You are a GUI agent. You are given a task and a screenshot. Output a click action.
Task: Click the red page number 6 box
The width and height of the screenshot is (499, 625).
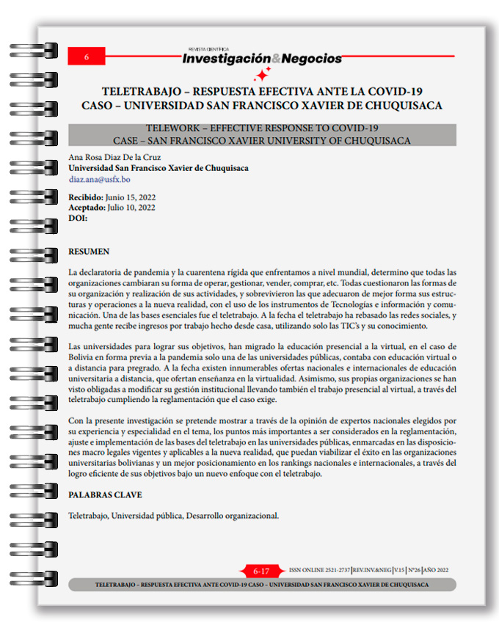(x=87, y=56)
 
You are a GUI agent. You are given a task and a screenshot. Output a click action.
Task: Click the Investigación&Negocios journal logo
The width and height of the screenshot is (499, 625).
(x=262, y=57)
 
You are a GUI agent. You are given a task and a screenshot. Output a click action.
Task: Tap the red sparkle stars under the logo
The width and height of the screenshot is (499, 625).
(x=261, y=74)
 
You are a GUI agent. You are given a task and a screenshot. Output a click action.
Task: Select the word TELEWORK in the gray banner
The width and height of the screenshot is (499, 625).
(x=174, y=128)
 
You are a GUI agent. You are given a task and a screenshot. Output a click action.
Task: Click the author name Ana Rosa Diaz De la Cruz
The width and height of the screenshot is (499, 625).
(x=114, y=157)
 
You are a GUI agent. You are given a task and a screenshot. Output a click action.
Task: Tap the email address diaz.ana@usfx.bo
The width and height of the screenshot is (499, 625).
(x=100, y=179)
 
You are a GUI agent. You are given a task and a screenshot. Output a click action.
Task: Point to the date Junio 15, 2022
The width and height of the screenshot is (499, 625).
(x=131, y=197)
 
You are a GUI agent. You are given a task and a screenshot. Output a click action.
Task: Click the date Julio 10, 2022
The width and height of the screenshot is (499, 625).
(x=132, y=208)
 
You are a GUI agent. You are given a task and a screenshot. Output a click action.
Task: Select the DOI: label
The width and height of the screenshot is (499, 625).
(x=78, y=218)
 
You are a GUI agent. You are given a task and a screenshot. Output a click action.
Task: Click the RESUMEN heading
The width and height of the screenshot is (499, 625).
(x=89, y=252)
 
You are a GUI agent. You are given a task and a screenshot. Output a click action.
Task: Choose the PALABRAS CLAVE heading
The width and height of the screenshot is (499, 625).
(x=105, y=495)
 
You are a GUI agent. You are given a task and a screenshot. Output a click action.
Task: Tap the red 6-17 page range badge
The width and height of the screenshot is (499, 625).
(x=261, y=571)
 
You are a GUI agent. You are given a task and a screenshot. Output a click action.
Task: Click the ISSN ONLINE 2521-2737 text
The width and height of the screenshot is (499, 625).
(x=319, y=570)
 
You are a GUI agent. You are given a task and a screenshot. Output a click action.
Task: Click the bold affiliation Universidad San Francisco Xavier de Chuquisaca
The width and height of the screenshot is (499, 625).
(x=158, y=168)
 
